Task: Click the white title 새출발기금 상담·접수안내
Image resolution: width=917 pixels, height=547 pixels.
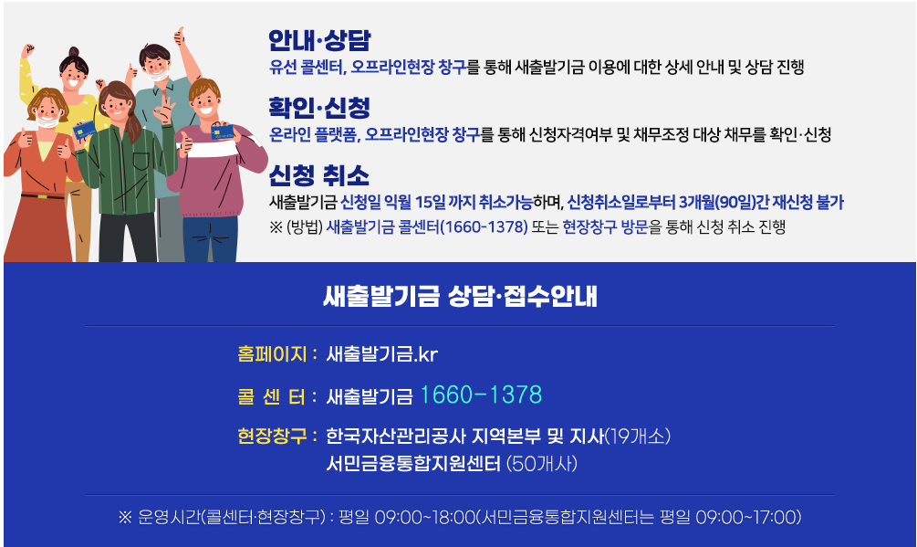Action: pyautogui.click(x=460, y=296)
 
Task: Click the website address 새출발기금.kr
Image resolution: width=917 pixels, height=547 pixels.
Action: pyautogui.click(x=382, y=353)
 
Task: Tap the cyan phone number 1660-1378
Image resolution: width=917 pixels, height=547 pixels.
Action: pyautogui.click(x=481, y=395)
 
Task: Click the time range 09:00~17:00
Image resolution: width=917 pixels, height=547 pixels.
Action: pyautogui.click(x=747, y=518)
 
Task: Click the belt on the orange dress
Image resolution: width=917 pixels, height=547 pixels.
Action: pyautogui.click(x=36, y=195)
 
